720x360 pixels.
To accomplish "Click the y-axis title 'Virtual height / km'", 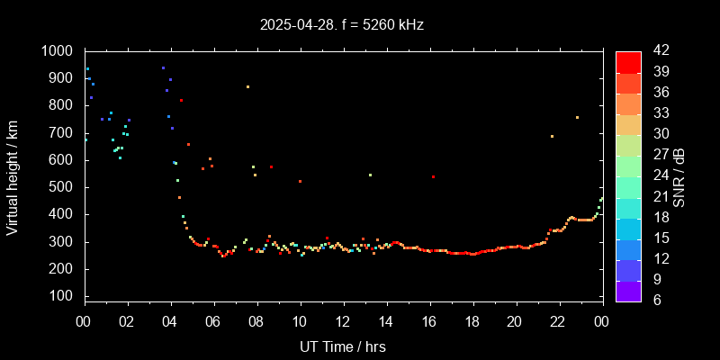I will [x=13, y=180].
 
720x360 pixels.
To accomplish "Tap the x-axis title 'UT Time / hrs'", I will [x=342, y=346].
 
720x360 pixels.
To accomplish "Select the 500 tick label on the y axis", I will [x=63, y=187].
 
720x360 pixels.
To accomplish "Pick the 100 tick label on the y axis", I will [x=63, y=296].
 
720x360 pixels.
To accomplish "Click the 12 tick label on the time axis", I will [x=343, y=321].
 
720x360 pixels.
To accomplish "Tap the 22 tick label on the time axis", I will [x=558, y=321].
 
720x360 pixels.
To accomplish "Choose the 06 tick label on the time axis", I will [x=213, y=321].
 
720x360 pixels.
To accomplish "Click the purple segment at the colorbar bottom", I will [x=628, y=290].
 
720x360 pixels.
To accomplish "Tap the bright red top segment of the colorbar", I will [x=628, y=61].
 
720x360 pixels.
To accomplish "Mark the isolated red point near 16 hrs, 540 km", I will [x=433, y=176].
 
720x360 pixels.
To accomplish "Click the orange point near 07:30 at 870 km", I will [x=247, y=87].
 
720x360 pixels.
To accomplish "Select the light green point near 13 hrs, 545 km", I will [x=370, y=175].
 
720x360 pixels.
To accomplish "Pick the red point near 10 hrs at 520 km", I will [x=300, y=181].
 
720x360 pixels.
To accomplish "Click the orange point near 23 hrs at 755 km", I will [x=577, y=118].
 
